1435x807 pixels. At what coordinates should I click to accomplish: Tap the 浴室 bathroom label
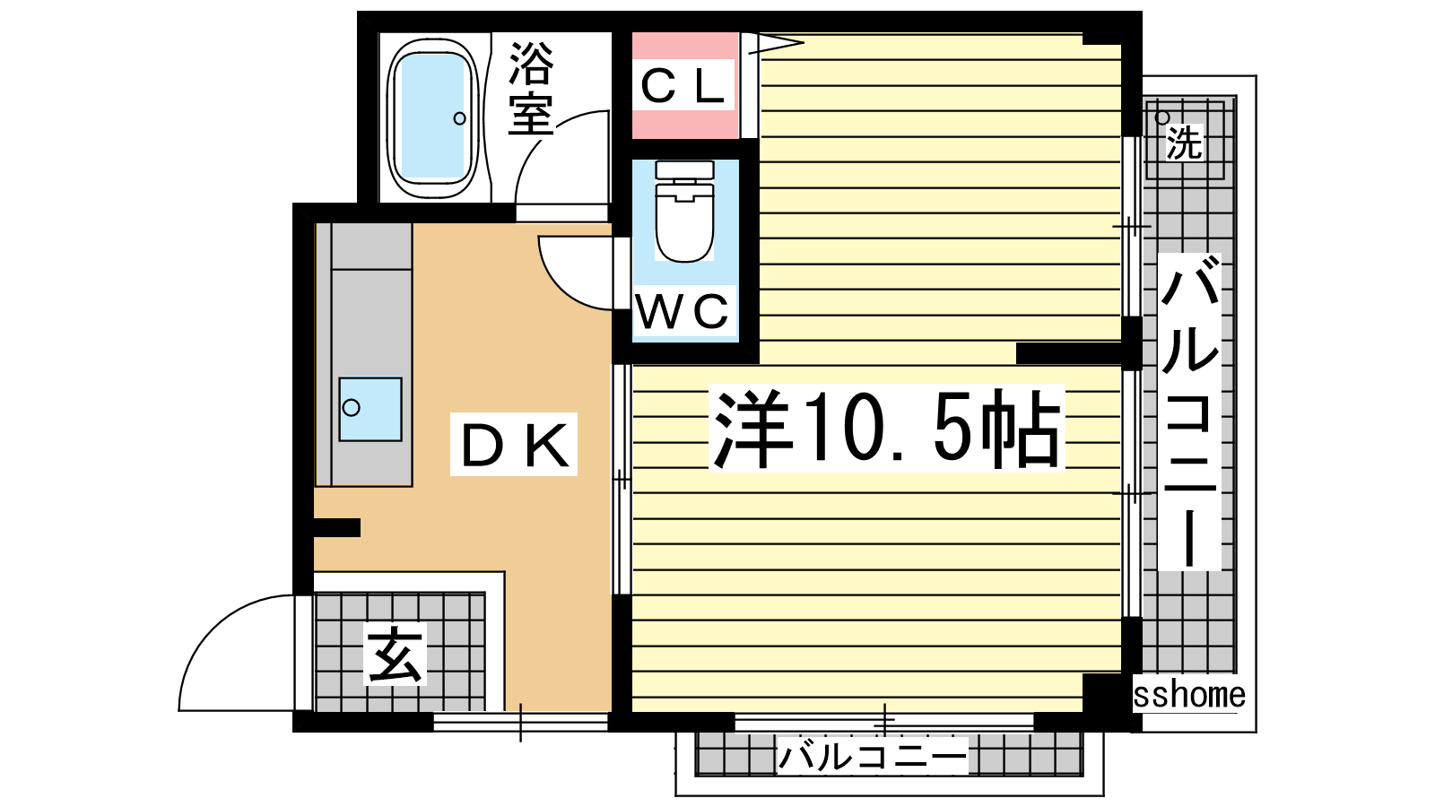tap(531, 89)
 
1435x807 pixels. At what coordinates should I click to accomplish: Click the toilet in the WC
tap(685, 212)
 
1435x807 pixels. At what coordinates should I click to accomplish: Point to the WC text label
tap(683, 311)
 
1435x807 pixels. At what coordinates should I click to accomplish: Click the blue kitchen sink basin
tap(370, 409)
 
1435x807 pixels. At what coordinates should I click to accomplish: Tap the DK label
tap(515, 445)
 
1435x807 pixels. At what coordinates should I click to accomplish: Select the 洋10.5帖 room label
tap(887, 428)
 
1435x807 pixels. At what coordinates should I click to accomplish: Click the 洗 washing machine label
tap(1184, 143)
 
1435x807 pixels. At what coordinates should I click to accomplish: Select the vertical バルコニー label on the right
tap(1189, 412)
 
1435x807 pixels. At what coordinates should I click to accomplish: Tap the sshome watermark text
tap(1189, 695)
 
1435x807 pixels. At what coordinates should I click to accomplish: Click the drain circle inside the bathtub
tap(459, 118)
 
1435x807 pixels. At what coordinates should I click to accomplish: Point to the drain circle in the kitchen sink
tap(351, 407)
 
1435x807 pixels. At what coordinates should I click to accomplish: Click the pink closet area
tap(685, 86)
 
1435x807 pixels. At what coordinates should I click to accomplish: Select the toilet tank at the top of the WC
tap(685, 170)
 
